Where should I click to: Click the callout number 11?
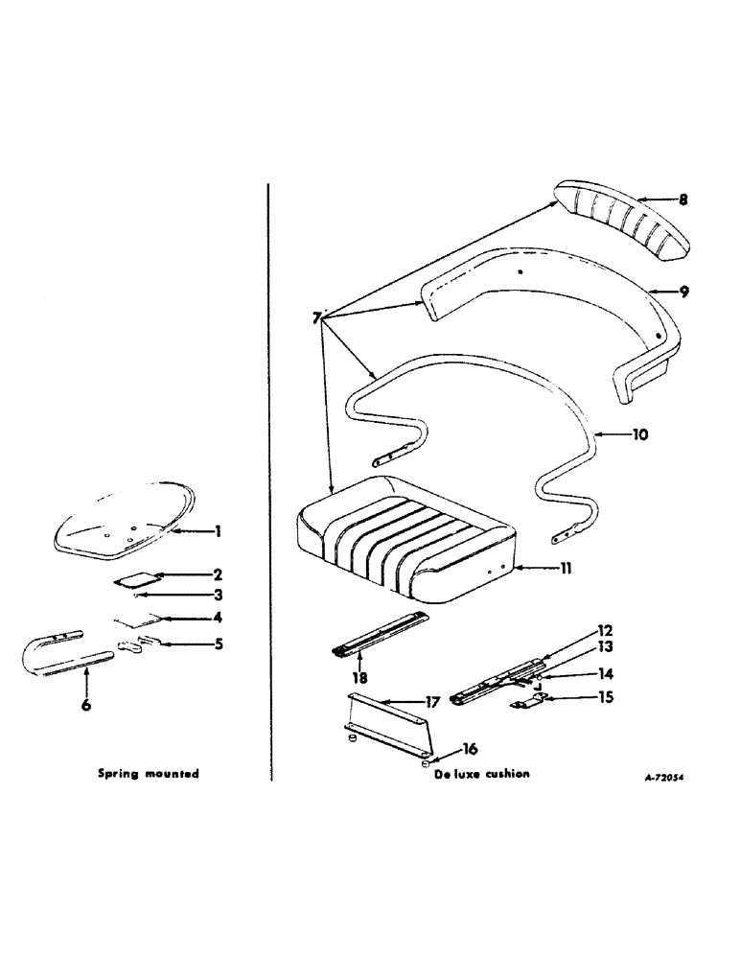coord(567,569)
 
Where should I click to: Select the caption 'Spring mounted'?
coord(149,774)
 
